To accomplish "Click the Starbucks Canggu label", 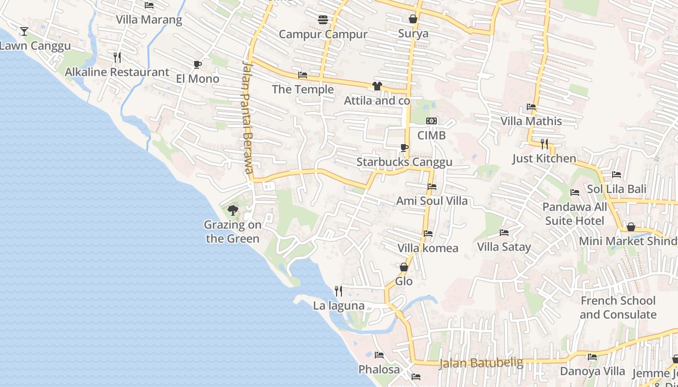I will click(404, 162).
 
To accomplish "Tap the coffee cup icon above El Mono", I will click(197, 64).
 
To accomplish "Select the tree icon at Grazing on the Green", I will click(232, 210).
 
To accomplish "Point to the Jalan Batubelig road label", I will click(481, 363).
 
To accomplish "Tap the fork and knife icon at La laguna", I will click(339, 291).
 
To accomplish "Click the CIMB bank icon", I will click(431, 121).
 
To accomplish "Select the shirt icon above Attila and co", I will click(377, 86).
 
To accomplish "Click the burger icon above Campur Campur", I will click(323, 20).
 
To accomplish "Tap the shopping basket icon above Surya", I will click(413, 19).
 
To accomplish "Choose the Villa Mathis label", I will click(531, 121).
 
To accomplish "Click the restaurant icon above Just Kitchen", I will click(544, 144).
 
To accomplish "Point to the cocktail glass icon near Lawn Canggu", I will click(24, 31).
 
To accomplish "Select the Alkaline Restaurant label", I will click(117, 72).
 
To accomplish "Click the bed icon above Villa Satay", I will click(504, 233).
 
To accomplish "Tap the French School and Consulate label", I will click(618, 308).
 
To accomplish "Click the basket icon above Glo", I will click(404, 267).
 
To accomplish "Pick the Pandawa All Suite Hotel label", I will click(574, 214).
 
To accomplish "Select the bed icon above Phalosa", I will click(379, 355).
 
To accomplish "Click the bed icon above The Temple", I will click(303, 75).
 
